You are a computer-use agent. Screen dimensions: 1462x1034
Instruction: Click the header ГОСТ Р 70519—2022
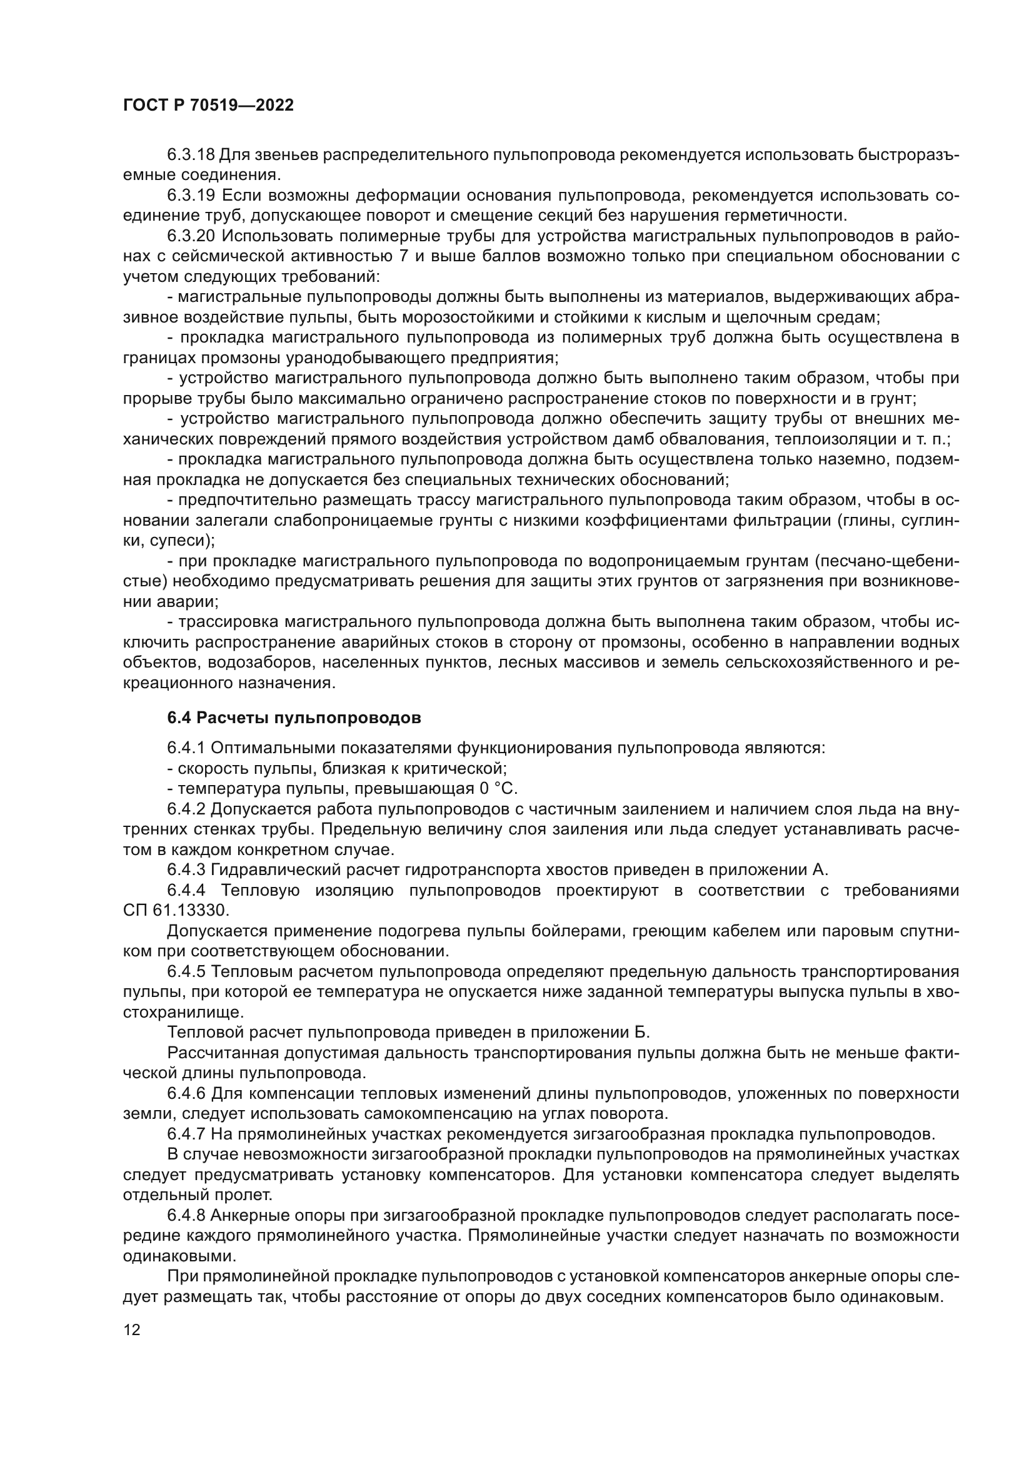point(208,106)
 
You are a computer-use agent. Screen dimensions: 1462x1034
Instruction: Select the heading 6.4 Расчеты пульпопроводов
point(294,718)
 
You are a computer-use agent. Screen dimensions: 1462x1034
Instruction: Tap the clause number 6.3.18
point(191,155)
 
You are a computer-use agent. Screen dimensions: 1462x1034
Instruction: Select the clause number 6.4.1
point(186,748)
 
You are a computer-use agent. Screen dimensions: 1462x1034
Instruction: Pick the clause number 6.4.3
point(186,870)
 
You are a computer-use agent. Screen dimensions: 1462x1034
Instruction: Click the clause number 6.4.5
point(186,972)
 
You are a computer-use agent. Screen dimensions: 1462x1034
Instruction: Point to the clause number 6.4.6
point(186,1094)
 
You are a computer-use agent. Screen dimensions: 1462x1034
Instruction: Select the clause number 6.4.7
point(186,1134)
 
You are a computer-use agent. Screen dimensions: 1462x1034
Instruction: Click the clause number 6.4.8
point(186,1216)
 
